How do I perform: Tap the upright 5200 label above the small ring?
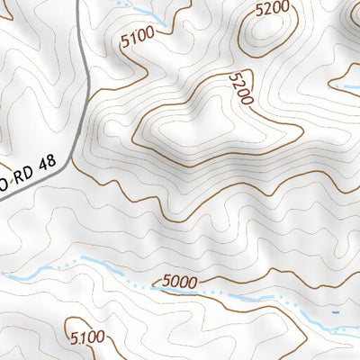[x=273, y=9]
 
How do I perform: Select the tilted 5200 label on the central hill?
[x=240, y=88]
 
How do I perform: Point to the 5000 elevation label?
[x=180, y=283]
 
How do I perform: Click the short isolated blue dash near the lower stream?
[x=336, y=312]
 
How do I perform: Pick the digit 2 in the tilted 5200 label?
[x=238, y=84]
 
